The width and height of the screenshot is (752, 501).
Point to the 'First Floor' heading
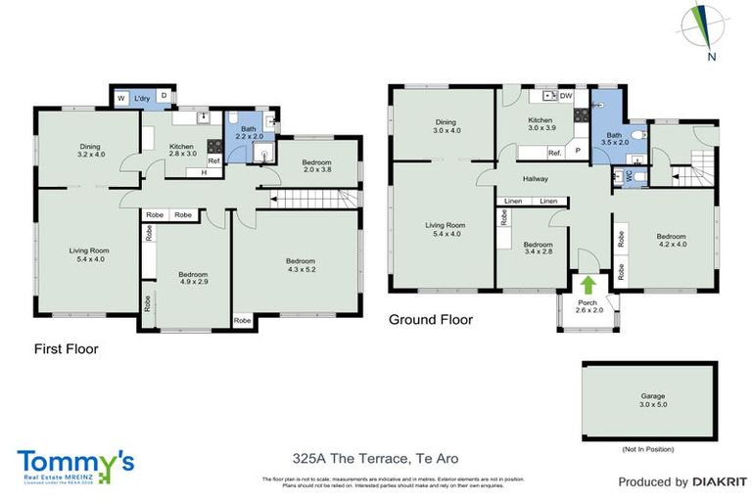(x=66, y=348)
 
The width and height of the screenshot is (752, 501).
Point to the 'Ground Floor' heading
(x=431, y=319)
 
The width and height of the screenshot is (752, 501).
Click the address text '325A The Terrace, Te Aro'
(x=375, y=458)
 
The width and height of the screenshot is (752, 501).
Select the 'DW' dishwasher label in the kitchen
(x=566, y=96)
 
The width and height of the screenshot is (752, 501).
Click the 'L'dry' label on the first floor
(x=141, y=98)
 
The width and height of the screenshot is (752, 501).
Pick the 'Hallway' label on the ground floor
(x=535, y=179)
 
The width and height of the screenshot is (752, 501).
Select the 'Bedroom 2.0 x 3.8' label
(x=315, y=166)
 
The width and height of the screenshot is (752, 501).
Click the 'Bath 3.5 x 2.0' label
(x=614, y=140)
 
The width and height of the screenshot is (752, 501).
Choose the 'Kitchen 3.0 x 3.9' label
(x=541, y=122)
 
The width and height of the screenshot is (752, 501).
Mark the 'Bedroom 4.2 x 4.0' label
(x=671, y=241)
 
